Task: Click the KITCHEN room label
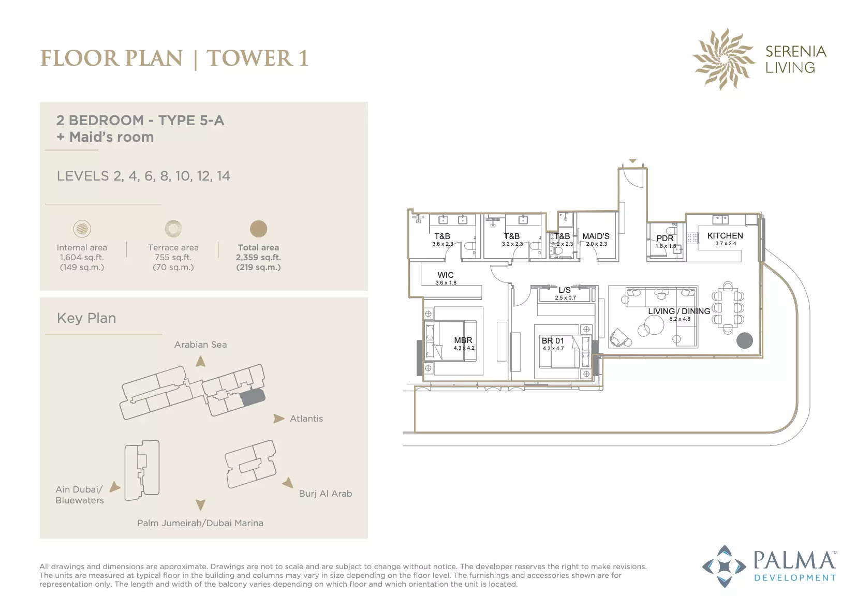pyautogui.click(x=725, y=236)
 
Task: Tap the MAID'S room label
pyautogui.click(x=596, y=236)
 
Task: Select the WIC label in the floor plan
pyautogui.click(x=446, y=275)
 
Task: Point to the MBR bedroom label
pyautogui.click(x=463, y=340)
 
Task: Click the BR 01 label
pyautogui.click(x=553, y=340)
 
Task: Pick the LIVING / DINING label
pyautogui.click(x=679, y=311)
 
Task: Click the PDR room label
pyautogui.click(x=665, y=238)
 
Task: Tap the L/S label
pyautogui.click(x=565, y=290)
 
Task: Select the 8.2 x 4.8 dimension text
pyautogui.click(x=680, y=319)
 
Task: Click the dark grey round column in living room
pyautogui.click(x=744, y=340)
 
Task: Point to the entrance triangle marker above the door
pyautogui.click(x=633, y=161)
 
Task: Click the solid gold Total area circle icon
pyautogui.click(x=258, y=229)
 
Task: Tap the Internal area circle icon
pyautogui.click(x=82, y=229)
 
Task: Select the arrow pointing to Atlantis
pyautogui.click(x=279, y=419)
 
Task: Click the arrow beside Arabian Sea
pyautogui.click(x=201, y=362)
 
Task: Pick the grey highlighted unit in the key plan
pyautogui.click(x=252, y=398)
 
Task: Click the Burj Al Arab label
pyautogui.click(x=325, y=494)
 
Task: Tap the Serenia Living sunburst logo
pyautogui.click(x=724, y=59)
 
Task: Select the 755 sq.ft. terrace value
pyautogui.click(x=173, y=258)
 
